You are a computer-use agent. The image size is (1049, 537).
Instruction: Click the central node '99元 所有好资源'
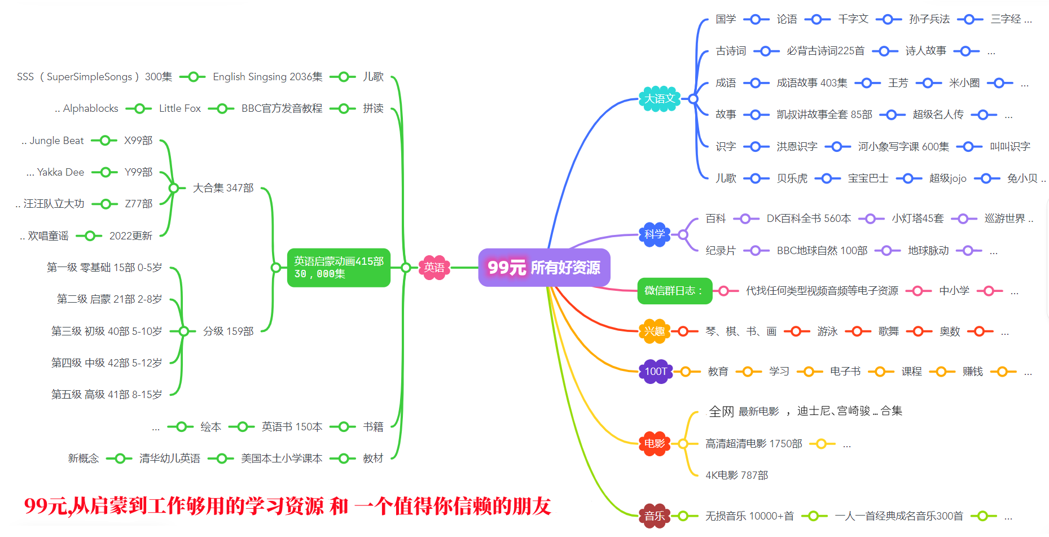click(544, 267)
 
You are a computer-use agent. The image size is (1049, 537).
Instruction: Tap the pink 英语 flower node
click(434, 267)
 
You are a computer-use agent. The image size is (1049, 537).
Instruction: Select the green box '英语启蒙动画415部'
click(339, 267)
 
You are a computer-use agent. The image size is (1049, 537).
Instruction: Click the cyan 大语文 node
click(660, 99)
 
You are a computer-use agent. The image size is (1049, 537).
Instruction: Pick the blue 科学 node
click(655, 234)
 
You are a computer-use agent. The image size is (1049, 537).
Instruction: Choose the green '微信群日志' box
click(674, 291)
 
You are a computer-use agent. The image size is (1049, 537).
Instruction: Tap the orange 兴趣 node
click(655, 331)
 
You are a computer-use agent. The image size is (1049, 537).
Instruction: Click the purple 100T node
click(656, 372)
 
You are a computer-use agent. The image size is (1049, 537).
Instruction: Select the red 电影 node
click(655, 444)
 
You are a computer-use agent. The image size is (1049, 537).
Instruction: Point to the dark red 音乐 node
click(655, 516)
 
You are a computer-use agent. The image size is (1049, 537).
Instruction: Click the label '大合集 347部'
click(223, 188)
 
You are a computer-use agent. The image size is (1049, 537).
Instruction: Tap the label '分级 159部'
click(228, 331)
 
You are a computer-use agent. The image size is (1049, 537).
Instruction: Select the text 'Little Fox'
click(179, 108)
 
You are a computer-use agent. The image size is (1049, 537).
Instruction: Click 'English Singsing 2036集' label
click(267, 77)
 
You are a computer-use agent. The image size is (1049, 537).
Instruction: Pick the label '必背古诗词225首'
click(825, 51)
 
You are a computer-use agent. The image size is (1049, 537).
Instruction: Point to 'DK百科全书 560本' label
click(808, 219)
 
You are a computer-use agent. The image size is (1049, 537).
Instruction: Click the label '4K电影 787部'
click(736, 475)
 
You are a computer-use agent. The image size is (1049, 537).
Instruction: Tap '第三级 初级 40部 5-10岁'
click(107, 331)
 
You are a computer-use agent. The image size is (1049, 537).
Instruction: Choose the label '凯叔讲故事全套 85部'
click(824, 115)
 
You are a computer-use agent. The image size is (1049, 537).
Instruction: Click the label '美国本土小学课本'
click(281, 459)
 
